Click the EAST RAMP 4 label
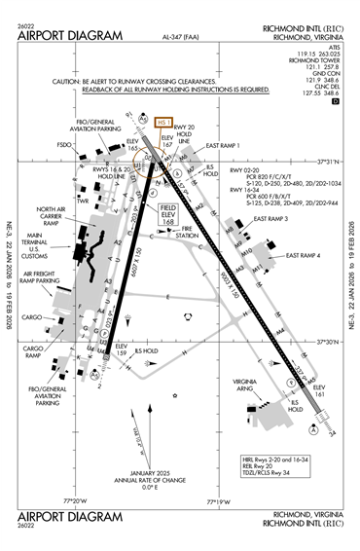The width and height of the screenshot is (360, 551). pyautogui.click(x=303, y=255)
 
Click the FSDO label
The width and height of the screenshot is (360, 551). pyautogui.click(x=65, y=145)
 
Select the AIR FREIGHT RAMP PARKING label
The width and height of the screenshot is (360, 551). pyautogui.click(x=40, y=277)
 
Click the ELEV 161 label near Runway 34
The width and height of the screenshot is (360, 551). pyautogui.click(x=318, y=390)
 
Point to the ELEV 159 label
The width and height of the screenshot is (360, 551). pyautogui.click(x=122, y=349)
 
